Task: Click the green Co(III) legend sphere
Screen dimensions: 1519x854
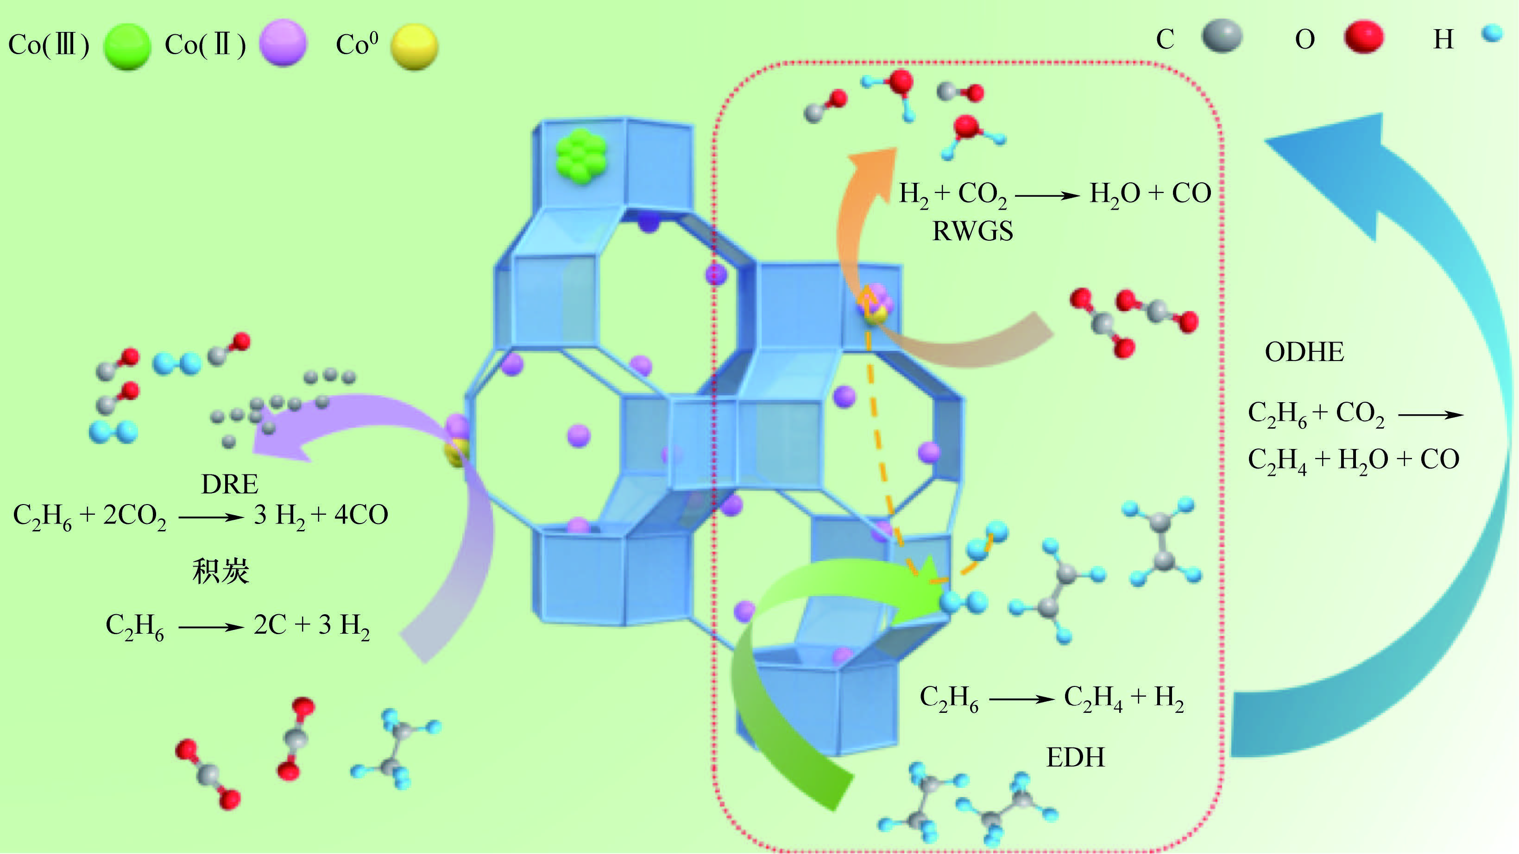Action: (127, 47)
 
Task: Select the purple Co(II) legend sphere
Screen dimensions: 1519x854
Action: (284, 43)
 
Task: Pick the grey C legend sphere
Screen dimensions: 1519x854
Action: (1222, 36)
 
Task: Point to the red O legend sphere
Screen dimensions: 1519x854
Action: (1364, 37)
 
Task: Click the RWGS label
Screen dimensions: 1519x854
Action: (972, 231)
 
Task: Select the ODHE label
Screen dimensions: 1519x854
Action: (1305, 352)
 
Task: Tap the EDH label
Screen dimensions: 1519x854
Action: (1076, 757)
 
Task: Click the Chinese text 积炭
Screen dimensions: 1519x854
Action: (221, 571)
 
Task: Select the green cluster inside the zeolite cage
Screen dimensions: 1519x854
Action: (581, 156)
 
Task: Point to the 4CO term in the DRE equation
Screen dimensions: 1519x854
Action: (361, 515)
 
